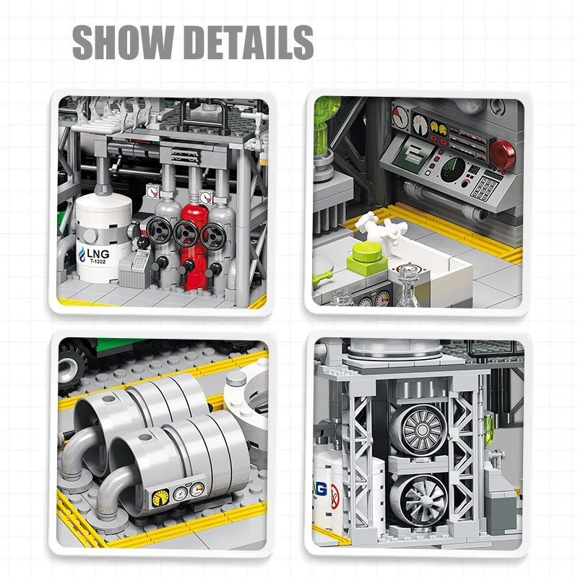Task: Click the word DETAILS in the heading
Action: pyautogui.click(x=246, y=43)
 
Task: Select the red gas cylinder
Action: pyautogui.click(x=191, y=238)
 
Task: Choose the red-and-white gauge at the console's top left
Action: pyautogui.click(x=400, y=113)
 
